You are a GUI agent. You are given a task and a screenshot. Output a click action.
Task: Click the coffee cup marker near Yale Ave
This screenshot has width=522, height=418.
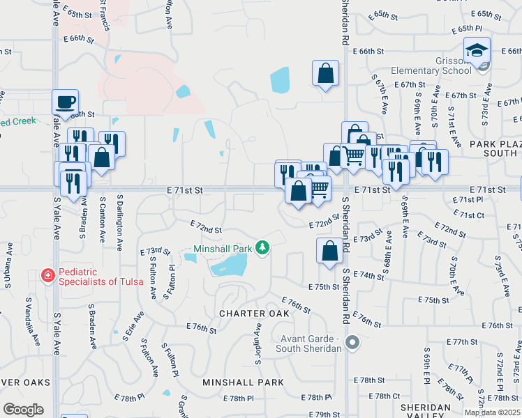(65, 102)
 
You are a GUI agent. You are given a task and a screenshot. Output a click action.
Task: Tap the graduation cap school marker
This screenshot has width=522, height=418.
(477, 50)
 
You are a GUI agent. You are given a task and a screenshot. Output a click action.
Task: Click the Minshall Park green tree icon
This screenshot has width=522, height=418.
(262, 247)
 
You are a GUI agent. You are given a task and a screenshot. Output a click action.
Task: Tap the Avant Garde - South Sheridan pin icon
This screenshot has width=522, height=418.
(352, 342)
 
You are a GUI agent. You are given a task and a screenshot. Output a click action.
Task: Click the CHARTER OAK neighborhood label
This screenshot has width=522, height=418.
(254, 313)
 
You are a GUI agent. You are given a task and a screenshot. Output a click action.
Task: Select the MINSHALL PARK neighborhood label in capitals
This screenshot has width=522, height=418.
(243, 382)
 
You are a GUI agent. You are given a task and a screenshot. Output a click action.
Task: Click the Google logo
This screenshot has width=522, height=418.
(23, 409)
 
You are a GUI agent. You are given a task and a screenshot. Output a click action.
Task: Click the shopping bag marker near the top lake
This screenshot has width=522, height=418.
(325, 73)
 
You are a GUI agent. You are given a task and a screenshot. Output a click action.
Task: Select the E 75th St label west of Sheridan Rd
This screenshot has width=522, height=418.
(324, 287)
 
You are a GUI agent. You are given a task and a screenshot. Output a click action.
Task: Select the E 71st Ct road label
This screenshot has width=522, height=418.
(468, 216)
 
